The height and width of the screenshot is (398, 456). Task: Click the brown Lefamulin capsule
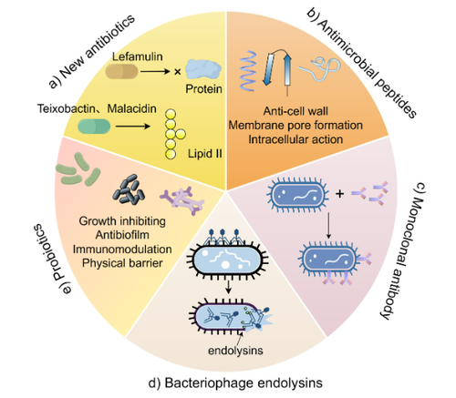(x=122, y=72)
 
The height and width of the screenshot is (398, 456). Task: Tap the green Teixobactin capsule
(x=94, y=127)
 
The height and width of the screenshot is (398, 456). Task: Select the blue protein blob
(x=203, y=69)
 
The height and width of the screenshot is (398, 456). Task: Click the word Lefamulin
(x=138, y=56)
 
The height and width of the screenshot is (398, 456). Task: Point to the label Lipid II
(x=204, y=153)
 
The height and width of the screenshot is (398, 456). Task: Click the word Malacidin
(x=132, y=108)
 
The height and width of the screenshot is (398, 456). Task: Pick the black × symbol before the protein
(x=178, y=72)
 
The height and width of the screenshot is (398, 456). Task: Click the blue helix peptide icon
(x=248, y=71)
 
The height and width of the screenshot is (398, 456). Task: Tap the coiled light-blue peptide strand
(x=319, y=68)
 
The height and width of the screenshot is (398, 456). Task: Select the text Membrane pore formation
(x=295, y=125)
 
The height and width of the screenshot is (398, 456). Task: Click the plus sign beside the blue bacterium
(x=339, y=193)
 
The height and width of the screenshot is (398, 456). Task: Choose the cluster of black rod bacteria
(x=129, y=189)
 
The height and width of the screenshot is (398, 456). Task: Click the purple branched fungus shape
(x=181, y=200)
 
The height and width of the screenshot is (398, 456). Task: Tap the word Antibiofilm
(x=122, y=235)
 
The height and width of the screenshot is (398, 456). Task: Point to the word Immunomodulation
(x=122, y=249)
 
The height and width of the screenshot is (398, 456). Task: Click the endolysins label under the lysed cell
(x=235, y=351)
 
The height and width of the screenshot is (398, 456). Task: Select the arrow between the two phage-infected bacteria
(x=229, y=287)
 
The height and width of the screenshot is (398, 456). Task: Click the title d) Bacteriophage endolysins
(x=235, y=383)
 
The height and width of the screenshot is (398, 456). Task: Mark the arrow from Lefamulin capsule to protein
(x=155, y=72)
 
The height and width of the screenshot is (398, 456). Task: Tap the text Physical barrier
(x=122, y=263)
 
